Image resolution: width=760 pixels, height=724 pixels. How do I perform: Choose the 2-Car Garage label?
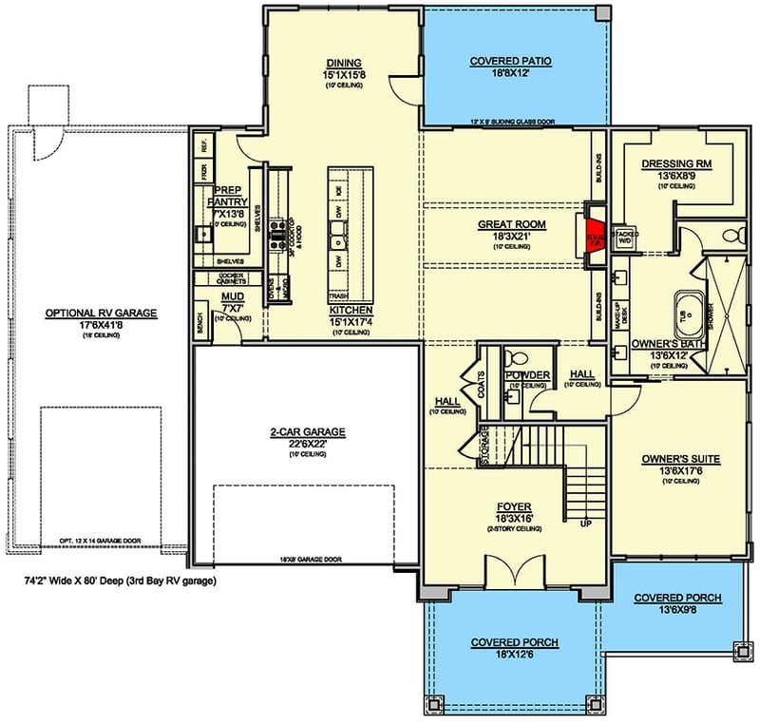click(306, 431)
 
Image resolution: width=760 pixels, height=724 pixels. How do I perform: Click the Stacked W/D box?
click(625, 238)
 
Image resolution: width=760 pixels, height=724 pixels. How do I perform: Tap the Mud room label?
click(233, 296)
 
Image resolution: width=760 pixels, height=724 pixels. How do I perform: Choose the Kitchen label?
click(350, 311)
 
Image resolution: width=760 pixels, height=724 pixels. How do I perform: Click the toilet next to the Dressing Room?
click(732, 234)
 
